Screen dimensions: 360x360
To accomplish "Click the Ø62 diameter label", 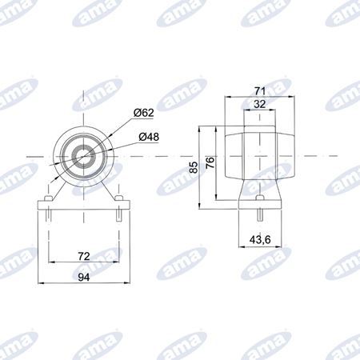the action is (143, 113).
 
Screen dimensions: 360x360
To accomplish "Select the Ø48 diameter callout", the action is (149, 137).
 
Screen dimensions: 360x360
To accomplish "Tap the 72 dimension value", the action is (84, 256).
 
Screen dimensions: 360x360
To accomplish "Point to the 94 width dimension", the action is (84, 278).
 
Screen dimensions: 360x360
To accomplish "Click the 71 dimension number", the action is (260, 91).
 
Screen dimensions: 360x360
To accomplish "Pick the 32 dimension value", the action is (259, 104).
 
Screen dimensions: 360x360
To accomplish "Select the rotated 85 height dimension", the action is (194, 167).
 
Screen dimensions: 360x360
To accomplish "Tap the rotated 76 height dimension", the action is (210, 162).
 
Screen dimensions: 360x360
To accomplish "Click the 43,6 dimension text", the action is (260, 240).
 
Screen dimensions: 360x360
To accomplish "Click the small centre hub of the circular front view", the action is (84, 157).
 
